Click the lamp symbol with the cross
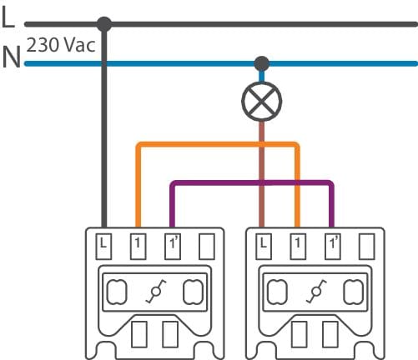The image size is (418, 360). (262, 102)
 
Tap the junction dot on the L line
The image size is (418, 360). (104, 24)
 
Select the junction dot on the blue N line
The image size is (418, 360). (262, 63)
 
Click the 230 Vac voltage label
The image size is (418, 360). (61, 45)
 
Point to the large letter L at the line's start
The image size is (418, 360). (8, 17)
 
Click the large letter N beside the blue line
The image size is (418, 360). (12, 57)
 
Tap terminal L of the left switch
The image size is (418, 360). (103, 247)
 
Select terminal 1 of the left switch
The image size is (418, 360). (138, 247)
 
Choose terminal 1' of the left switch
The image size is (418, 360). (173, 247)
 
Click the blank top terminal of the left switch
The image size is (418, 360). (207, 247)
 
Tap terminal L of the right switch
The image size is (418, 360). (264, 247)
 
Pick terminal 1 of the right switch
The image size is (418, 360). (298, 247)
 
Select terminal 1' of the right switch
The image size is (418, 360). (333, 247)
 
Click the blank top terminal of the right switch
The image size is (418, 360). (367, 247)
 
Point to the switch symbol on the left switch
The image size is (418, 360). (156, 292)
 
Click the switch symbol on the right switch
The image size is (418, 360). (316, 292)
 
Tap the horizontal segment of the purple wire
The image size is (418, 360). (252, 183)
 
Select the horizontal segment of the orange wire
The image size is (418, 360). (218, 144)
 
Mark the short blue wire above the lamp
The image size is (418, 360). (261, 77)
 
